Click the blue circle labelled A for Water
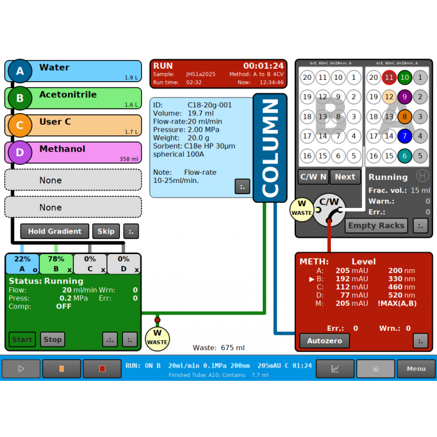tap(20, 71)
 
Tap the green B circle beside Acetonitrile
tap(20, 99)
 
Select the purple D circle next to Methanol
tap(20, 152)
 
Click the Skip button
tap(106, 231)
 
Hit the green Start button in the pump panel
tap(22, 340)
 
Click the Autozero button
tap(324, 341)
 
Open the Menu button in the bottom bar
tap(416, 369)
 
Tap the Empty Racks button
tap(376, 225)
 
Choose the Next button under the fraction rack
tap(345, 177)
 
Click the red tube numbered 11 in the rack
tap(389, 77)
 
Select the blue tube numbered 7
tap(405, 135)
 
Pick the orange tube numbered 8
tap(405, 116)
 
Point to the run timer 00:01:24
tap(263, 66)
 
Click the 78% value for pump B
tap(56, 259)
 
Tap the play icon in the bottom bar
tap(21, 369)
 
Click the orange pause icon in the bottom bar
tap(61, 369)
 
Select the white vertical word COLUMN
tap(270, 148)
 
